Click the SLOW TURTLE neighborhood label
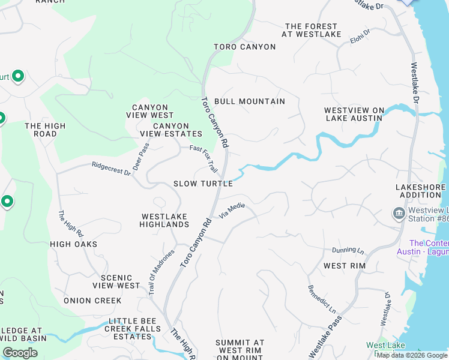pos(203,184)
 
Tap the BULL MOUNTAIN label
pos(249,101)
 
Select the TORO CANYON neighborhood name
pos(245,47)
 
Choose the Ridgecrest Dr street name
pos(111,169)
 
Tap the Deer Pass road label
pos(140,156)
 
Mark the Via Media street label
pos(232,210)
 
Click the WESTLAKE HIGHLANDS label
pos(164,220)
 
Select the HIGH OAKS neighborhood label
pos(73,244)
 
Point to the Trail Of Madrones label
pos(160,272)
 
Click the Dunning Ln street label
pos(348,250)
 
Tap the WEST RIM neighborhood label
pos(344,266)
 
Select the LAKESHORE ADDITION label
pos(421,191)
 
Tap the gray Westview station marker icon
pos(399,214)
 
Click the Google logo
pos(20,353)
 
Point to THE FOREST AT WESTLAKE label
pos(311,31)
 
